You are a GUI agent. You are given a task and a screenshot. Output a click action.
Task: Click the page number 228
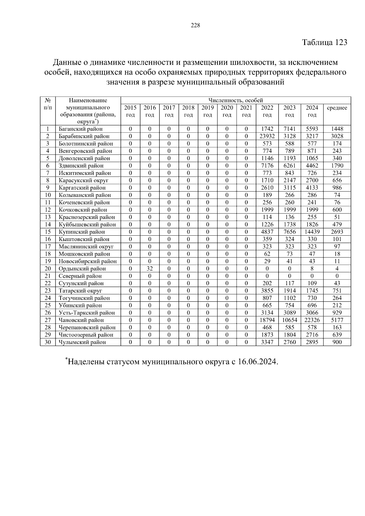point(195,26)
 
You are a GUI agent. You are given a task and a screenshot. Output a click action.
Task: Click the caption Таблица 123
point(325,42)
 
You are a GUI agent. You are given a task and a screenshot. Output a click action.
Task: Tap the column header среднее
point(337,108)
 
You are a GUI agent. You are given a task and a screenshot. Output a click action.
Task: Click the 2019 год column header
point(207,111)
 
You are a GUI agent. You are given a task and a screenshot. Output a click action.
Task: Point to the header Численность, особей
point(235,100)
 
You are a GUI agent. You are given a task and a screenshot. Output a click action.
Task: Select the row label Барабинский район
point(84,136)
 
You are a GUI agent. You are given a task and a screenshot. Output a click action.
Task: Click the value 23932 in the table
point(267,136)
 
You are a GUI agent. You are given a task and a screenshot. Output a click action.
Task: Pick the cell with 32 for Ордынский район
point(150,268)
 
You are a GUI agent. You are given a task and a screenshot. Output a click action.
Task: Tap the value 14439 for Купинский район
point(312,232)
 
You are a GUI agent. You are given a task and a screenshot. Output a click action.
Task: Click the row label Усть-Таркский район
point(87,313)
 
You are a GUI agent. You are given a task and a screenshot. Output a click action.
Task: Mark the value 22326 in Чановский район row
point(312,320)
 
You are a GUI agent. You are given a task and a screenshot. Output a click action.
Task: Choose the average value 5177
point(337,320)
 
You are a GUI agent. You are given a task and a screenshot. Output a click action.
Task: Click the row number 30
point(47,342)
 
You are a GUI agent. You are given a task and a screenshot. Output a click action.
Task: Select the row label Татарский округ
point(80,291)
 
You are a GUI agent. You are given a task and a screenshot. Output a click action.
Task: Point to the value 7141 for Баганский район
point(290,129)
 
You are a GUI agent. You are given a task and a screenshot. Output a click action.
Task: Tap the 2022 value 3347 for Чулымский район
point(267,342)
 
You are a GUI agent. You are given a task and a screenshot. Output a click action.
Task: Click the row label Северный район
point(80,276)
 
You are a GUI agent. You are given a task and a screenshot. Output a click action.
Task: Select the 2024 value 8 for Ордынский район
point(312,268)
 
